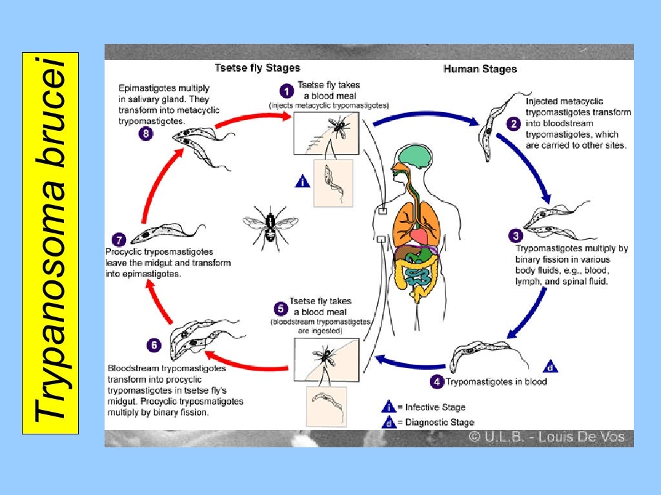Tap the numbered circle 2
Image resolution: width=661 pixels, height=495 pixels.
click(513, 124)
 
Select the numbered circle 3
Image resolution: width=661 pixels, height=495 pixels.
click(516, 235)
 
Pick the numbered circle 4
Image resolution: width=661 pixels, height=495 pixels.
click(437, 382)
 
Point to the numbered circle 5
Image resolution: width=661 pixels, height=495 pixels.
click(280, 309)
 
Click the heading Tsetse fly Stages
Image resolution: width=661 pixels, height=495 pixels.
click(257, 68)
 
